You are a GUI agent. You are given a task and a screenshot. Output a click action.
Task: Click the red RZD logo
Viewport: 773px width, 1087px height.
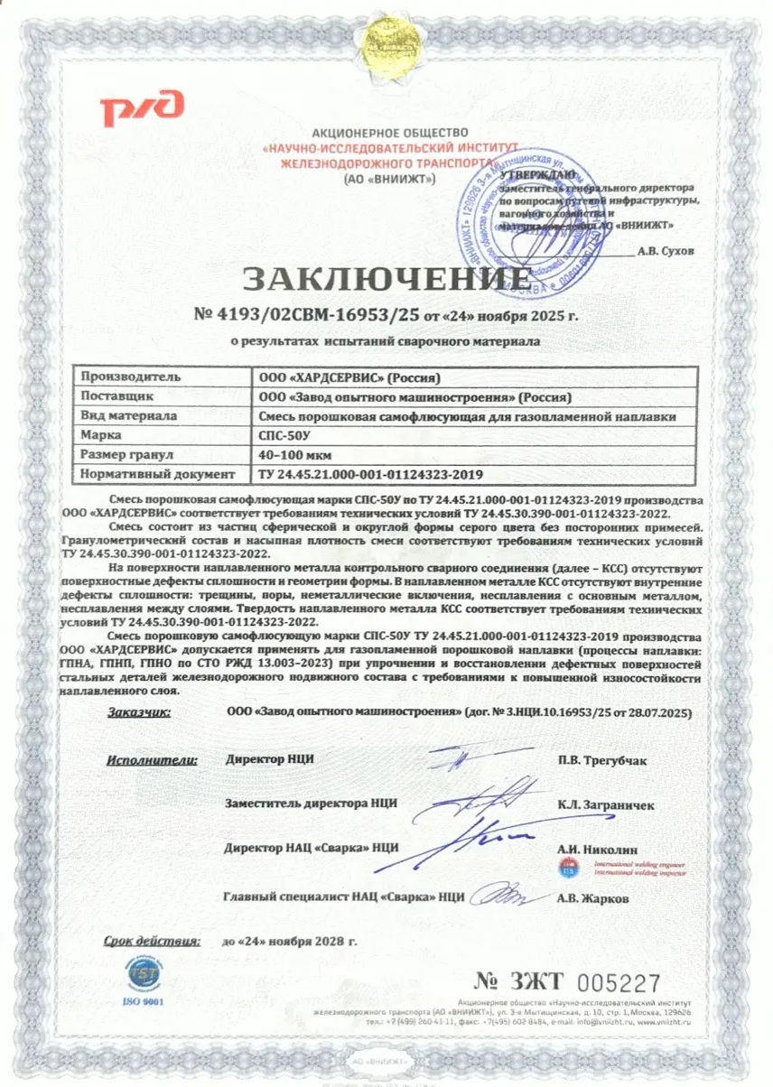pyautogui.click(x=143, y=108)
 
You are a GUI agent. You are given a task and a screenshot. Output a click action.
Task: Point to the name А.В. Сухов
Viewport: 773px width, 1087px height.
pyautogui.click(x=666, y=252)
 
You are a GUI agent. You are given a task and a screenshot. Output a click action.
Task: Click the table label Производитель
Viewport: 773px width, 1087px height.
pyautogui.click(x=132, y=376)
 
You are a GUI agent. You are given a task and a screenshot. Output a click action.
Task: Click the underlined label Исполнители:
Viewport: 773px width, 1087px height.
pyautogui.click(x=152, y=758)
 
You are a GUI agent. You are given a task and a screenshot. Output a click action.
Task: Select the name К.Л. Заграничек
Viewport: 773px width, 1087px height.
pyautogui.click(x=606, y=804)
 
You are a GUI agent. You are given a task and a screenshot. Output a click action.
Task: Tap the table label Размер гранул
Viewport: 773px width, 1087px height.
pyautogui.click(x=126, y=454)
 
